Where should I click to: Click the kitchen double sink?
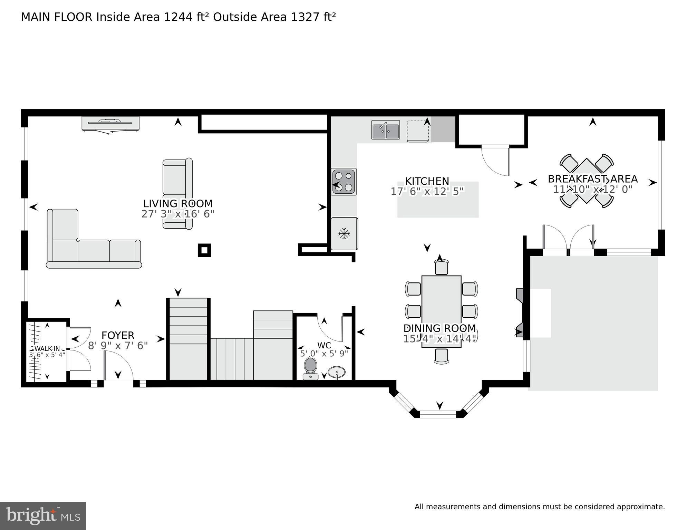(x=385, y=130)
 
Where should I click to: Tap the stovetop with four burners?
(x=344, y=182)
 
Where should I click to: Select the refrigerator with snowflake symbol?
(x=344, y=234)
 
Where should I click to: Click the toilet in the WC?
(x=310, y=367)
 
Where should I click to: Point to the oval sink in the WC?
(x=336, y=372)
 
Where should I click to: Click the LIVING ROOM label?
(x=178, y=203)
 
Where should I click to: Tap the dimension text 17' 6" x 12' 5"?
(x=427, y=192)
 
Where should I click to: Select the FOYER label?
(x=118, y=335)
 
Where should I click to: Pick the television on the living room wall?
(x=110, y=124)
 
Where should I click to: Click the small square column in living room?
(x=204, y=250)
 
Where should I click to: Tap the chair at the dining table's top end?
(x=441, y=267)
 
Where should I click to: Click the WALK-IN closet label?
(x=47, y=348)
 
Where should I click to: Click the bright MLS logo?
(x=43, y=516)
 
